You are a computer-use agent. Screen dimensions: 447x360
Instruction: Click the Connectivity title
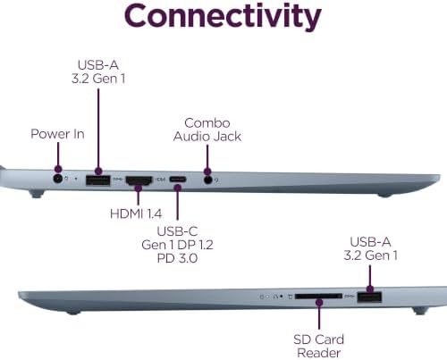point(223,17)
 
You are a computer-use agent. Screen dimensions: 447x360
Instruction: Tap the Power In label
point(57,134)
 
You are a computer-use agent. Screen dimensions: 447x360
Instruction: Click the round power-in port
point(58,180)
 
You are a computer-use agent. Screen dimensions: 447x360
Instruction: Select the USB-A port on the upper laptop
point(98,180)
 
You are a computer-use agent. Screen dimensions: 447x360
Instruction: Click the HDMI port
point(139,180)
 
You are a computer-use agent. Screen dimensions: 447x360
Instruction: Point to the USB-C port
point(178,180)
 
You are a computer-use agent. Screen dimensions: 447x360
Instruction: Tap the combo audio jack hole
point(208,180)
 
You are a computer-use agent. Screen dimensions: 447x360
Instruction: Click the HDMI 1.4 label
point(136,213)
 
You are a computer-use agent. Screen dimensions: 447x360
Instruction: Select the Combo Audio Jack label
point(207,130)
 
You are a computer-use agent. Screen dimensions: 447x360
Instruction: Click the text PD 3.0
point(177,258)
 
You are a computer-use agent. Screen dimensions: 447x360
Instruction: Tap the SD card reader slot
point(318,297)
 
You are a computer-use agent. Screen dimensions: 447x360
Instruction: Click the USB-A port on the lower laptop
point(369,297)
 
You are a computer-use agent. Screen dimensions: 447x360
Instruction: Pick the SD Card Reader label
point(318,346)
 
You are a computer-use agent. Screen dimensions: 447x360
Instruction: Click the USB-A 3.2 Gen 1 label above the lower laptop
point(370,248)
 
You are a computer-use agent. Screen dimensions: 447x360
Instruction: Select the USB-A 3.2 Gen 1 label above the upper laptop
point(98,71)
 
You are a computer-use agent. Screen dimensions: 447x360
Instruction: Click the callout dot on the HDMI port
point(138,188)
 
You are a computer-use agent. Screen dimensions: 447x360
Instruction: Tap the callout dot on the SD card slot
point(319,303)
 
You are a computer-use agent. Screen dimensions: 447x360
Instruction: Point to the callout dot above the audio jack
point(207,172)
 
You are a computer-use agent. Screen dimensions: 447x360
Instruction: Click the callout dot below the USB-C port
point(178,188)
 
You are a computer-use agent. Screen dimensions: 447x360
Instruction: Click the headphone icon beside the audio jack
point(217,180)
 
